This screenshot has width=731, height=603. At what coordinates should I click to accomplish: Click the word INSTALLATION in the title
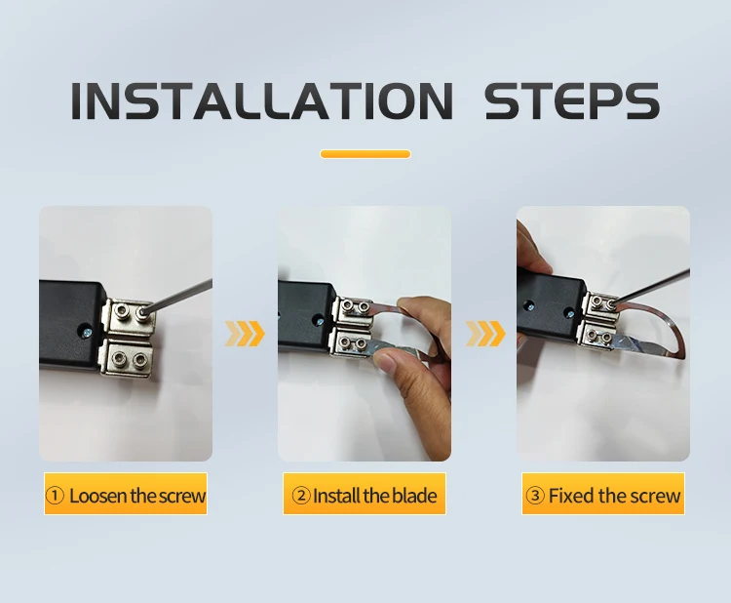coord(261,100)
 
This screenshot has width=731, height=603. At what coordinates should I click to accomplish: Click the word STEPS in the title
coord(572,100)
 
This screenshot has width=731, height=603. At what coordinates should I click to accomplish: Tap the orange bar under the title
coord(365,154)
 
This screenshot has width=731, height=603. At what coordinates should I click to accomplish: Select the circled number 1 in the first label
coord(55,496)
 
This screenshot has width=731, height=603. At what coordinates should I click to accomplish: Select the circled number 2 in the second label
coord(301,496)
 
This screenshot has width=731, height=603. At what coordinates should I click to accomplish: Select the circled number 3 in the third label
coord(535,496)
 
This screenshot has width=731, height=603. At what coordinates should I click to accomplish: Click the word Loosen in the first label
coord(98,496)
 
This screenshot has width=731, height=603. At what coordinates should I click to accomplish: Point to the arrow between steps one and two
coord(245,334)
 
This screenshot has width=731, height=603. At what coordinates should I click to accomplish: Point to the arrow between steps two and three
coord(485,334)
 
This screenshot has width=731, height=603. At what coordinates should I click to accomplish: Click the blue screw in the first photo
coord(88,333)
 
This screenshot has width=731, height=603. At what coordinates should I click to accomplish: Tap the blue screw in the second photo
coord(320,321)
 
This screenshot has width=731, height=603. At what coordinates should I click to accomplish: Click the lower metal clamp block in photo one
coord(127,357)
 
